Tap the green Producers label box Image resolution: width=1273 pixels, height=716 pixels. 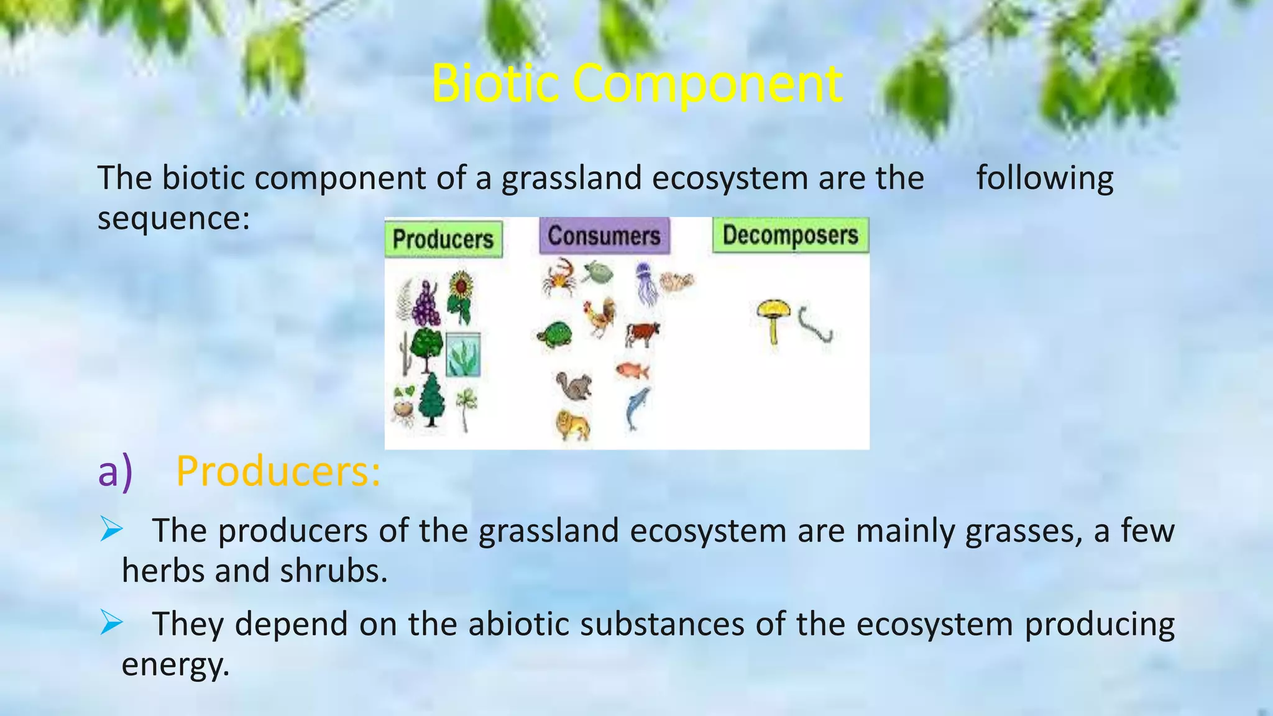click(443, 239)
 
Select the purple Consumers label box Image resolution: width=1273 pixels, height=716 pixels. click(604, 236)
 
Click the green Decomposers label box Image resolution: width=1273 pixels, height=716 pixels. click(790, 235)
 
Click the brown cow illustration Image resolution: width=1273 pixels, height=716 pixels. click(642, 334)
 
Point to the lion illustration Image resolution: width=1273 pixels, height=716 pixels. click(572, 425)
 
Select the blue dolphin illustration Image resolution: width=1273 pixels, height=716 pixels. click(636, 407)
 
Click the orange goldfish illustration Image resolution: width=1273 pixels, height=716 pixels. click(632, 371)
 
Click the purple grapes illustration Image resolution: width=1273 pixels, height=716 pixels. click(426, 305)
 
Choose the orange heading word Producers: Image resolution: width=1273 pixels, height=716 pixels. click(278, 471)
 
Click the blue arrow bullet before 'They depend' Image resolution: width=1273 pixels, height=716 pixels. click(111, 622)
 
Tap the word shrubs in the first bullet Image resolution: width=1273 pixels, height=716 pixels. click(333, 571)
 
